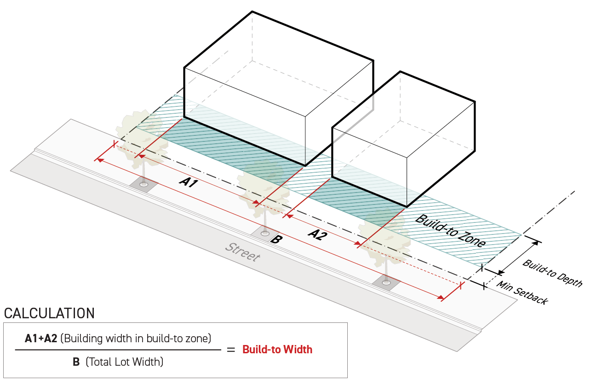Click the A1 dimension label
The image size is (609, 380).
(189, 182)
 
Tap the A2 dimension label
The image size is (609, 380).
(317, 235)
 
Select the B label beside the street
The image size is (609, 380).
(276, 240)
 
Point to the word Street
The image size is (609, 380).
(242, 251)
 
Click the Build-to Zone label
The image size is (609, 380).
(450, 231)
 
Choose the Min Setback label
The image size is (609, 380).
(522, 293)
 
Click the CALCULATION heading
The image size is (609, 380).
(49, 314)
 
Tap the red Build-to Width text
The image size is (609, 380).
(277, 350)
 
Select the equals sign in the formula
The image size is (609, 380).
(231, 350)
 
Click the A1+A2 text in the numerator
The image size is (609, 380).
(41, 339)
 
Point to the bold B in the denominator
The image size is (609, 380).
(76, 362)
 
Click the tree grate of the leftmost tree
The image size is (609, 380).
(144, 184)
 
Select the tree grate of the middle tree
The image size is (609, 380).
(265, 234)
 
